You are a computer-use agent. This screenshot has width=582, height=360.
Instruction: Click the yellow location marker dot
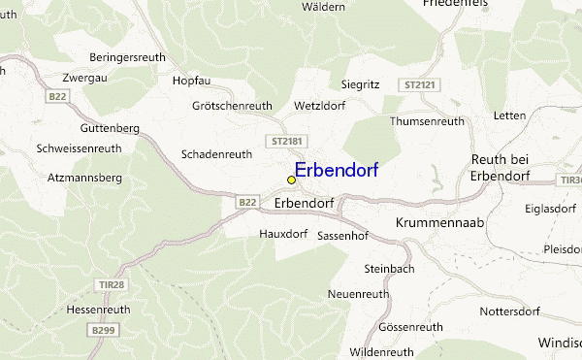(291, 180)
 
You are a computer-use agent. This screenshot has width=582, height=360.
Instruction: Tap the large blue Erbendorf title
(336, 170)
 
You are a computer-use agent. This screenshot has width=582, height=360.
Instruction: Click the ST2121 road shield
(422, 85)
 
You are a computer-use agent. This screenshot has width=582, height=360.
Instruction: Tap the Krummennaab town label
(440, 223)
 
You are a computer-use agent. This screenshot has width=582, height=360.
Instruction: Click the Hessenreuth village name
(98, 310)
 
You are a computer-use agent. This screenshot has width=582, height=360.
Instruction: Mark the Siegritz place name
(361, 84)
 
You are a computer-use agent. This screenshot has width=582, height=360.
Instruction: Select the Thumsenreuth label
(427, 121)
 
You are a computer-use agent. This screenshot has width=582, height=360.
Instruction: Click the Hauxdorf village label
(283, 234)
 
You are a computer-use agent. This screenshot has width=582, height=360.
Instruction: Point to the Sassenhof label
(341, 236)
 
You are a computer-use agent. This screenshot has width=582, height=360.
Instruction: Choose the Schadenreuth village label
(217, 153)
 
